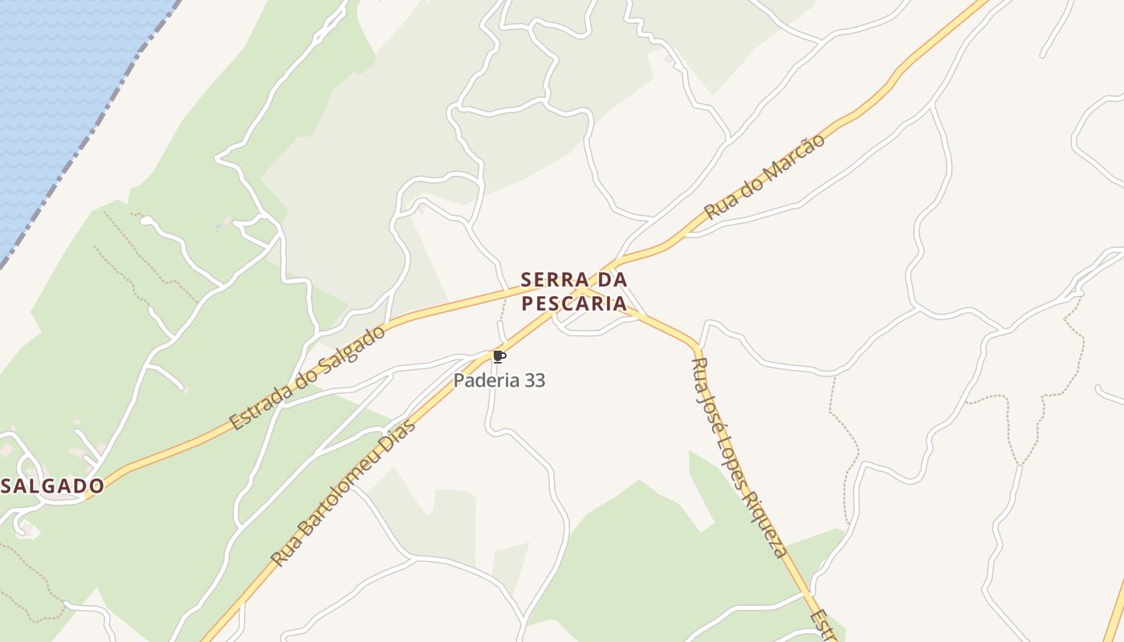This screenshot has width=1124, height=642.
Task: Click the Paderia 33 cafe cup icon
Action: point(499,357)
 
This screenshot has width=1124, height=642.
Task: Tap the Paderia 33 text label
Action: point(499,380)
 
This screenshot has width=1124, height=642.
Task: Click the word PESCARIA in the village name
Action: point(574,303)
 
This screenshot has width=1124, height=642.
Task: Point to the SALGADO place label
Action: point(53,486)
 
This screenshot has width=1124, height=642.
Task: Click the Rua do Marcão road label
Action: point(764,177)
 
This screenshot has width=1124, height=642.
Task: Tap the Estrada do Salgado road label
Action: point(307,377)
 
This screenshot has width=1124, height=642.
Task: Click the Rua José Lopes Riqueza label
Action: point(738,457)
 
